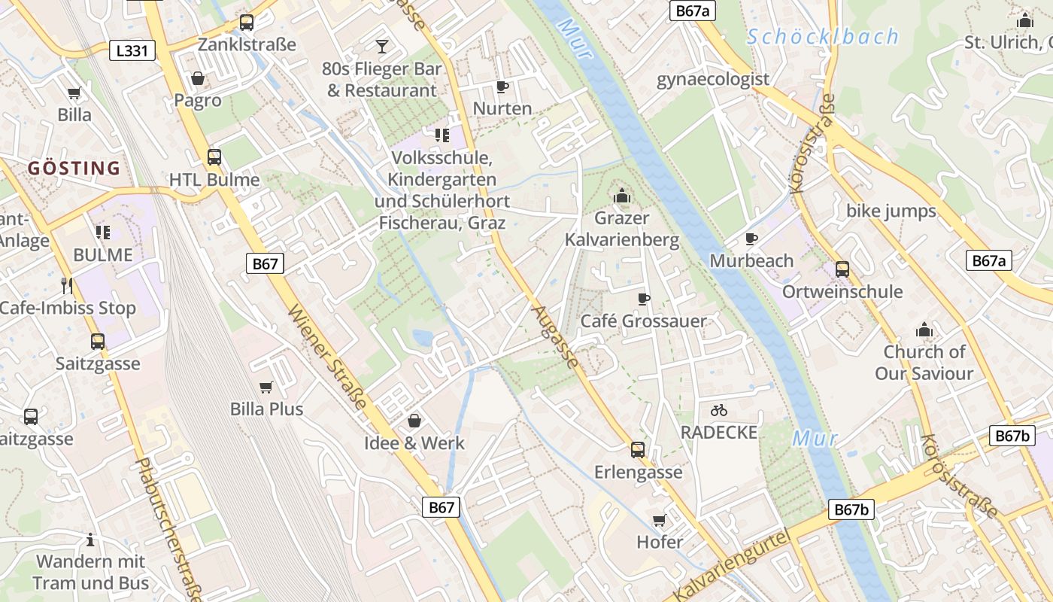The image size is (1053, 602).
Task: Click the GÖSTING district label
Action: tap(74, 168)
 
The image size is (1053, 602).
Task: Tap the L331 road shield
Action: tap(132, 50)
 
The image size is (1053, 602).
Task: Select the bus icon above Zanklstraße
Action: tap(247, 23)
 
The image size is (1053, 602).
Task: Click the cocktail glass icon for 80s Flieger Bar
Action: tap(382, 47)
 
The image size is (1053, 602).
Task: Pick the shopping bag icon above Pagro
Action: tap(197, 78)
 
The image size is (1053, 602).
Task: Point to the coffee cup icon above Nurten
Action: tap(502, 87)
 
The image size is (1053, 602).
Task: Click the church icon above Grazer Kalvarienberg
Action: tap(621, 196)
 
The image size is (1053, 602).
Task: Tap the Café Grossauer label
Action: tap(643, 321)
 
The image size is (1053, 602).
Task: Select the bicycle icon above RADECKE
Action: tap(719, 410)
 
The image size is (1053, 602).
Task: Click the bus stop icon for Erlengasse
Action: tap(638, 450)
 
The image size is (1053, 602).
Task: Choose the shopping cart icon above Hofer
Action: tap(660, 520)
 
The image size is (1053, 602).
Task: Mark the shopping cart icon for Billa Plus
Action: tap(266, 387)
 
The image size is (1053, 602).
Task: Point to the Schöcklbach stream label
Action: tap(823, 36)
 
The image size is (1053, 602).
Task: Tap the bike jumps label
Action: tap(891, 211)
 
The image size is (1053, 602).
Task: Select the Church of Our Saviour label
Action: tap(924, 363)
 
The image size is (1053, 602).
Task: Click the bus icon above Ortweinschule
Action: tap(842, 269)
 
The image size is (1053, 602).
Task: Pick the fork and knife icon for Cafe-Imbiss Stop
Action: tap(67, 285)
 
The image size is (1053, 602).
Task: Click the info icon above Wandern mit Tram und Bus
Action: tap(90, 540)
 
